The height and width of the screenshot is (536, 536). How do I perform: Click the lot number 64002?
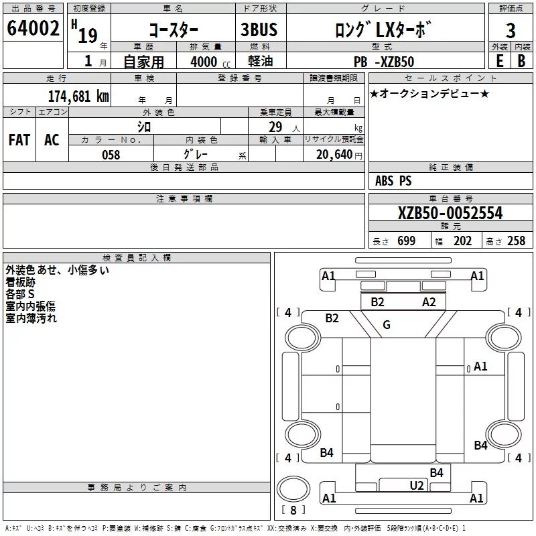click(33, 28)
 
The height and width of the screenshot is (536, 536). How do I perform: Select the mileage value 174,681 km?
click(78, 96)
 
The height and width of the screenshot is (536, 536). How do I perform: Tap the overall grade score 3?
click(511, 31)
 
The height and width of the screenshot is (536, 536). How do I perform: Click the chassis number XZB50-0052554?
click(450, 213)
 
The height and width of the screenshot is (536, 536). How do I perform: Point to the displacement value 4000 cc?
click(210, 62)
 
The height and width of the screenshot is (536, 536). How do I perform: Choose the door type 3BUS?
click(259, 29)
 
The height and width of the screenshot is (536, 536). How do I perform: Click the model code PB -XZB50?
click(384, 62)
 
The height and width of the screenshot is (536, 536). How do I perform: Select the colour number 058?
click(111, 155)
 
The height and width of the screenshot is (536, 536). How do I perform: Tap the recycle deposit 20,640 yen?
click(339, 155)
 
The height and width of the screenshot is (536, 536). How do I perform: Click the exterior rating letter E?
click(499, 61)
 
